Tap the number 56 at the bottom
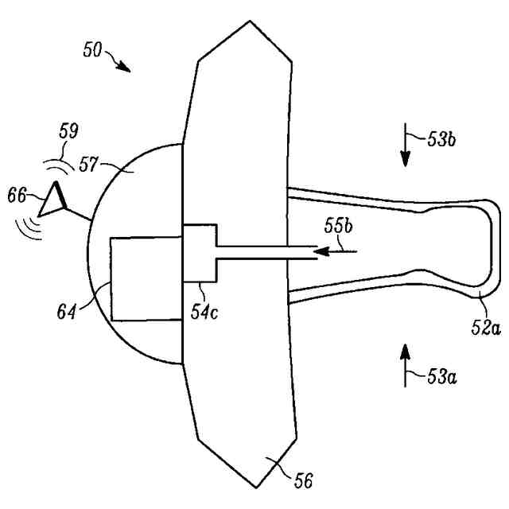click(x=305, y=480)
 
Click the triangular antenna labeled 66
click(x=54, y=200)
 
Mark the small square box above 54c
click(x=198, y=253)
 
